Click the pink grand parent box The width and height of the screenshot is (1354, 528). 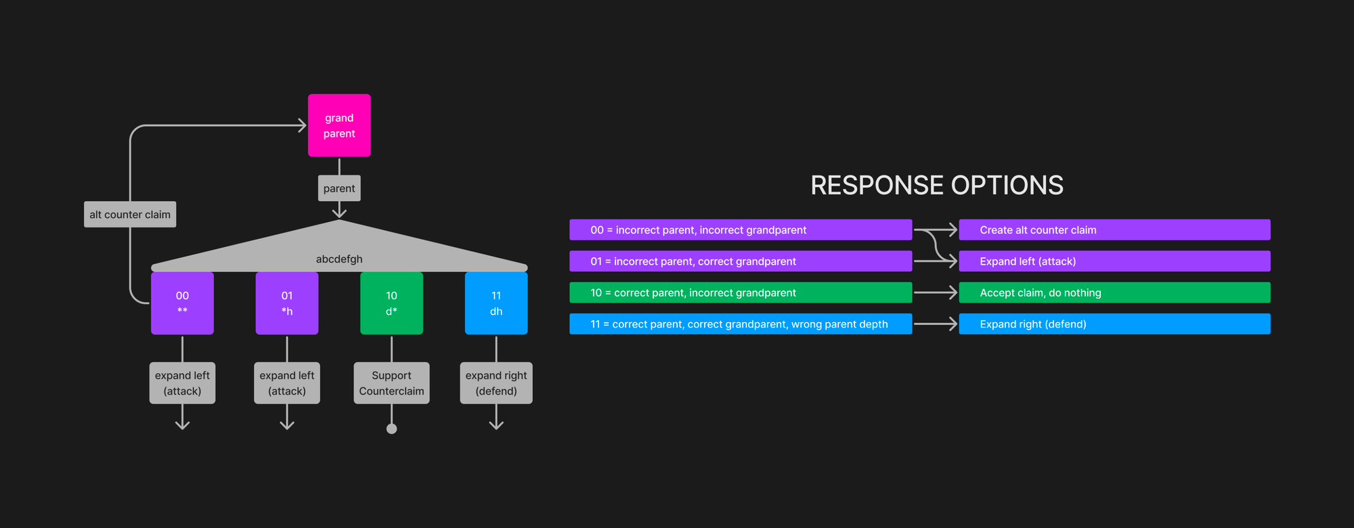pyautogui.click(x=339, y=126)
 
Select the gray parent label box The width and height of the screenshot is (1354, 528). pyautogui.click(x=339, y=188)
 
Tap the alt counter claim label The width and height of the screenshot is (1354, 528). pyautogui.click(x=130, y=215)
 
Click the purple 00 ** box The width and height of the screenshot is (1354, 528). pyautogui.click(x=182, y=303)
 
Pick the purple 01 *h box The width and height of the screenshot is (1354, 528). pyautogui.click(x=287, y=303)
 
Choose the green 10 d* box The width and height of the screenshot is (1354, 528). pyautogui.click(x=391, y=303)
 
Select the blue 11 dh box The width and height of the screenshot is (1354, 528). pyautogui.click(x=496, y=303)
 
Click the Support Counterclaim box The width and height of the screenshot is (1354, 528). pyautogui.click(x=391, y=383)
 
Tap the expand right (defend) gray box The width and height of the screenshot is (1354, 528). pyautogui.click(x=496, y=383)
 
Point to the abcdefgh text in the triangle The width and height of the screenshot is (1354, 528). pyautogui.click(x=339, y=259)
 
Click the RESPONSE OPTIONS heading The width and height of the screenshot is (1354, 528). pyautogui.click(x=937, y=185)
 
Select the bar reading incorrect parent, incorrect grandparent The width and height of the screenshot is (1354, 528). pyautogui.click(x=741, y=230)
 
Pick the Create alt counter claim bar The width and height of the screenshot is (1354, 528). pyautogui.click(x=1114, y=230)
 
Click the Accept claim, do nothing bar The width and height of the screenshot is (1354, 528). pyautogui.click(x=1114, y=293)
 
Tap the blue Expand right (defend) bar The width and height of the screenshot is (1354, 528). pyautogui.click(x=1114, y=324)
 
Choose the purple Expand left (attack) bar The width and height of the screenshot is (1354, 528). pyautogui.click(x=1114, y=261)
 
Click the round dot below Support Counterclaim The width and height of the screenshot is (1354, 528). pyautogui.click(x=391, y=428)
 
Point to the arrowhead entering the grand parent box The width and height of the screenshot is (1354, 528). pyautogui.click(x=302, y=125)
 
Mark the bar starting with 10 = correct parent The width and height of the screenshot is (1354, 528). pyautogui.click(x=741, y=293)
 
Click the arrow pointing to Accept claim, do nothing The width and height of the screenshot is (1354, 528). pyautogui.click(x=936, y=293)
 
